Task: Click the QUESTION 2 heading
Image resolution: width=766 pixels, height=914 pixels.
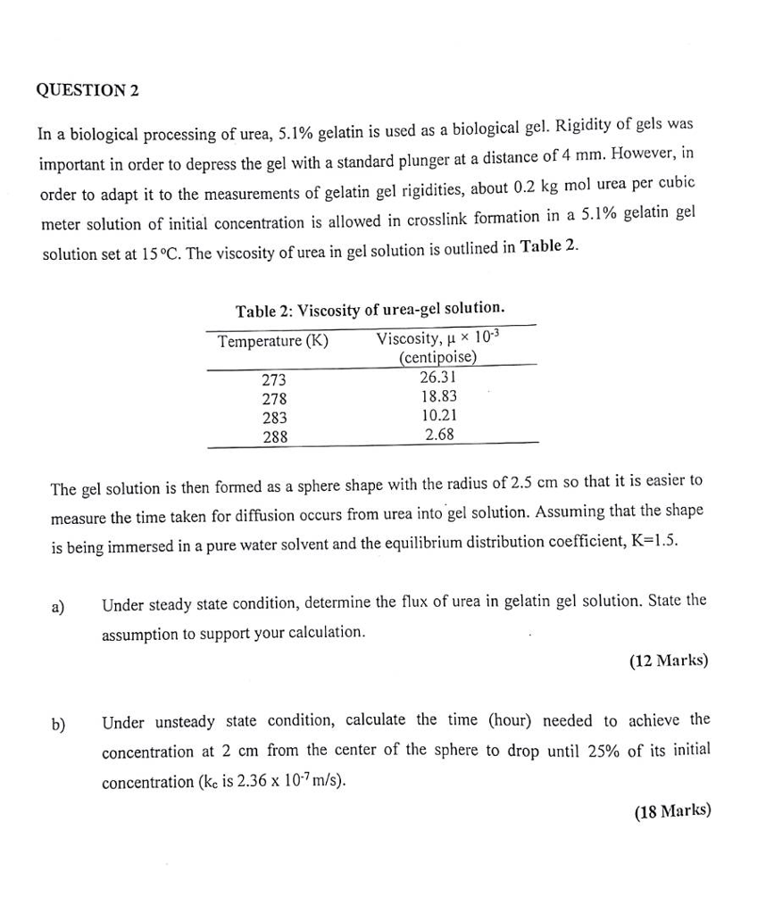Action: coord(88,91)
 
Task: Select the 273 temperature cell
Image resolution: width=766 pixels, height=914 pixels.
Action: coord(274,379)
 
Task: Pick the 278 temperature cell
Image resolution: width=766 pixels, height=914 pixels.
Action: coord(274,398)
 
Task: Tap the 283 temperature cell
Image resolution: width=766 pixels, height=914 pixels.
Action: coord(274,417)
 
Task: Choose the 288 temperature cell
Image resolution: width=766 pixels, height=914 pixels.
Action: coord(274,436)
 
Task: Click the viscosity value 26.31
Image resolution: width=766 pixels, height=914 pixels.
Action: coord(438,377)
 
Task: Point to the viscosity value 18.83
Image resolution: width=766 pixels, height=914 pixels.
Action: coord(438,396)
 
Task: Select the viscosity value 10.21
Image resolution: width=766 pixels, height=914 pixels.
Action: coord(438,415)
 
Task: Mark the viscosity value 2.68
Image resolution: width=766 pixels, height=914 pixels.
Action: coord(439,435)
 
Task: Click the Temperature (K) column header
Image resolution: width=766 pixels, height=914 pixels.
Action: coord(273,341)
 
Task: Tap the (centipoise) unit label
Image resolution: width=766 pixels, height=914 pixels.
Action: coord(437,358)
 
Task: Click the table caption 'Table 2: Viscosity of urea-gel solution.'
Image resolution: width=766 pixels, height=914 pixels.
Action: coord(370,310)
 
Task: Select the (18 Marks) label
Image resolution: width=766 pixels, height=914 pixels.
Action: coord(672,811)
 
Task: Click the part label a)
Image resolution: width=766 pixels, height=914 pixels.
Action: coord(58,607)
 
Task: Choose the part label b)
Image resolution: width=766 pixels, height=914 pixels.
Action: coord(58,724)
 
